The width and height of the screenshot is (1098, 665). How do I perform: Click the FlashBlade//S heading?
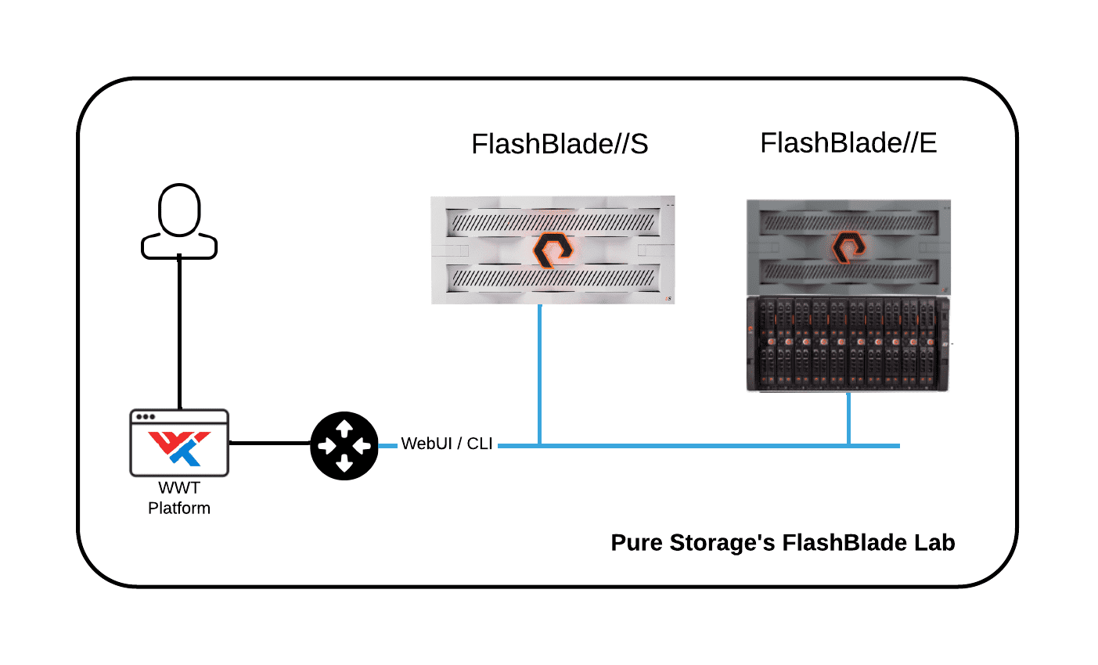point(560,144)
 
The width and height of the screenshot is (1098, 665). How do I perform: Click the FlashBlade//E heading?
point(848,143)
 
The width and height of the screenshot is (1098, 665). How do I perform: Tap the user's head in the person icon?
point(179,209)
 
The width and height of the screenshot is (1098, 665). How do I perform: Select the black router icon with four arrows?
point(344,446)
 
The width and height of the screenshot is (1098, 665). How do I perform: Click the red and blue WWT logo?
point(180,447)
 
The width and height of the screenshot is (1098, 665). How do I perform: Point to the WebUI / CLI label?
point(447,444)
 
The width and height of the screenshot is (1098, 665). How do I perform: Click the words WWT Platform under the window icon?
point(179,498)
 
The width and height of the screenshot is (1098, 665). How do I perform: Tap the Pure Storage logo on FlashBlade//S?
point(553,250)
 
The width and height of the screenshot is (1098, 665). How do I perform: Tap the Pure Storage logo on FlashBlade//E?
point(848,247)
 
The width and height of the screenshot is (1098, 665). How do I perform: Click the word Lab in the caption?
point(934,543)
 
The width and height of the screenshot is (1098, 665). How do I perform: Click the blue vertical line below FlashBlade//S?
point(539,376)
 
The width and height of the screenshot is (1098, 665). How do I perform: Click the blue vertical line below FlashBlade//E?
point(848,419)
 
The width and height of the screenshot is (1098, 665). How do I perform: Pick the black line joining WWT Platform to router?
point(270,443)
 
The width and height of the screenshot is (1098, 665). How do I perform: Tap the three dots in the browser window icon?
point(146,417)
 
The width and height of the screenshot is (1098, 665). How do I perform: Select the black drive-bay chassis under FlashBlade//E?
point(848,344)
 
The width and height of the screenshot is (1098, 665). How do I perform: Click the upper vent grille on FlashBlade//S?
point(553,224)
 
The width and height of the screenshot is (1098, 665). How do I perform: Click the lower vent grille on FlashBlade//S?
point(553,278)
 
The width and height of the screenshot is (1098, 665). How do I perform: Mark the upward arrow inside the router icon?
point(344,427)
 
